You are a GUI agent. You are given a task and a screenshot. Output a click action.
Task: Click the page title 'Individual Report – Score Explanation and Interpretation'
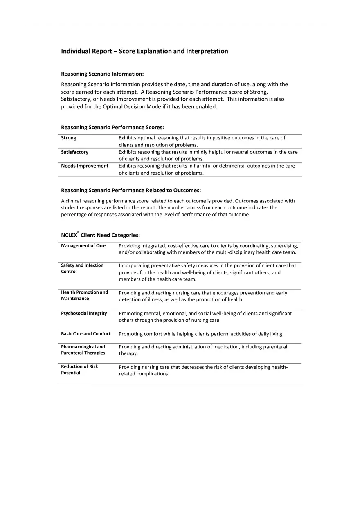coord(144,51)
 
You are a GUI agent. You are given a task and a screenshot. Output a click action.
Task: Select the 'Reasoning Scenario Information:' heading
coord(102,74)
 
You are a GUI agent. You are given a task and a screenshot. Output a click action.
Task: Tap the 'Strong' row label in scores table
coord(69,138)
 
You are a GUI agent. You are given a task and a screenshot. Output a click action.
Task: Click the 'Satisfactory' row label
coord(74,152)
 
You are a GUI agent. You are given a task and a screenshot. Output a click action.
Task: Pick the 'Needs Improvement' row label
coord(85,166)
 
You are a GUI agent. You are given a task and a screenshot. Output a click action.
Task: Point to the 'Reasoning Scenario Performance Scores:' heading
coord(112,128)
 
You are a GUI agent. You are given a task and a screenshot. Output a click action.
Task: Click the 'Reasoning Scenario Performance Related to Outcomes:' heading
coord(131,190)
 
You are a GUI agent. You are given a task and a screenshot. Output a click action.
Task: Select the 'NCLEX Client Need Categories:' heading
coord(100,235)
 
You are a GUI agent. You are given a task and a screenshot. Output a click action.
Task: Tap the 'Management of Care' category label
coord(83,246)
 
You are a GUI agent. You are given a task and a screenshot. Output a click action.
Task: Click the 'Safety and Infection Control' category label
coord(82,268)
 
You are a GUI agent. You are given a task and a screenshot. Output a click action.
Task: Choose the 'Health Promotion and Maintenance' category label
coord(84,295)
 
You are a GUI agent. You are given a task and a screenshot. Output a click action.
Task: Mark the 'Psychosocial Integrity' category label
coord(84,313)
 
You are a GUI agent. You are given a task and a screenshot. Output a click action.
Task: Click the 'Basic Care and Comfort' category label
coord(85,334)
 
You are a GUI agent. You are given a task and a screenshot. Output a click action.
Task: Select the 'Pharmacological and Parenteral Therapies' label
coord(83,350)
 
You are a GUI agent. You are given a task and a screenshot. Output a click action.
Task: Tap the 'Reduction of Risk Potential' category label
coord(79,369)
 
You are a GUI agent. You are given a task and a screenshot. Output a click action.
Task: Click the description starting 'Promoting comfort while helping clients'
coord(201,334)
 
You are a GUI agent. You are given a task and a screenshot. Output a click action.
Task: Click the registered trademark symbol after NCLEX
coord(78,232)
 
